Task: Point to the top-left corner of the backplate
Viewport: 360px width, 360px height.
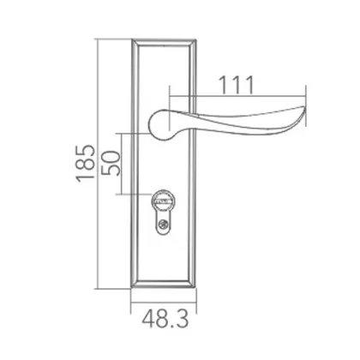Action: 131,40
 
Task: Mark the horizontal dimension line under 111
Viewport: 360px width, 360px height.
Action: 240,93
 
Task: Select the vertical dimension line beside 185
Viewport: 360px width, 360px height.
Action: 101,163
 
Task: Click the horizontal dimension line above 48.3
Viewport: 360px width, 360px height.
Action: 165,307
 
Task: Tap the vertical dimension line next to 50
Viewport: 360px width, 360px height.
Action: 129,163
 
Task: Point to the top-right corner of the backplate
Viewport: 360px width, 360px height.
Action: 200,40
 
